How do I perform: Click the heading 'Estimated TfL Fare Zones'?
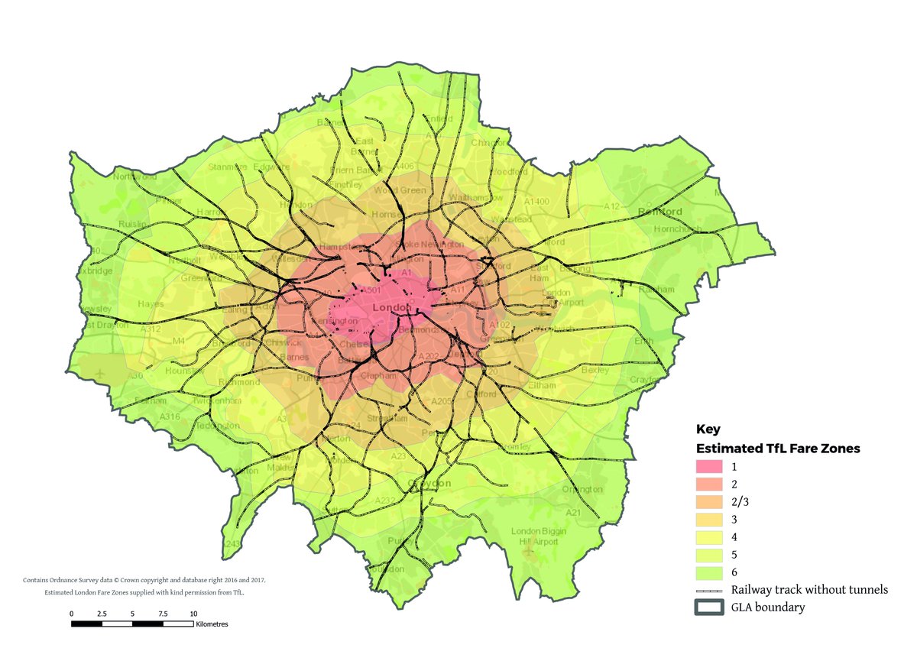[x=778, y=449]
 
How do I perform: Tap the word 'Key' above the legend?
[x=708, y=429]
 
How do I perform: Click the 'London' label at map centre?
[x=391, y=307]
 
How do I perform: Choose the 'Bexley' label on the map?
[x=595, y=370]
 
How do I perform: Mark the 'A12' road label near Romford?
[x=611, y=206]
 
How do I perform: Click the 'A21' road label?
[x=573, y=511]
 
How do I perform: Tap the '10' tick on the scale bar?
[x=193, y=614]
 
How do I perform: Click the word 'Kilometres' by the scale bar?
[x=212, y=624]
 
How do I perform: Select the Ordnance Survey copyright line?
[x=144, y=580]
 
